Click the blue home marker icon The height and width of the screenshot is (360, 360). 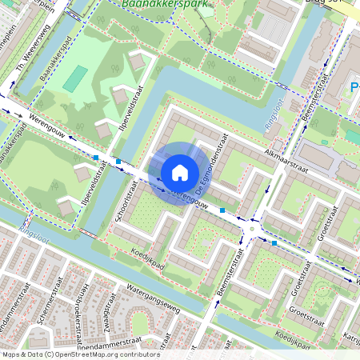click(180, 172)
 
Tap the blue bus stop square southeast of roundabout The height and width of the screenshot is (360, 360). click(274, 242)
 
